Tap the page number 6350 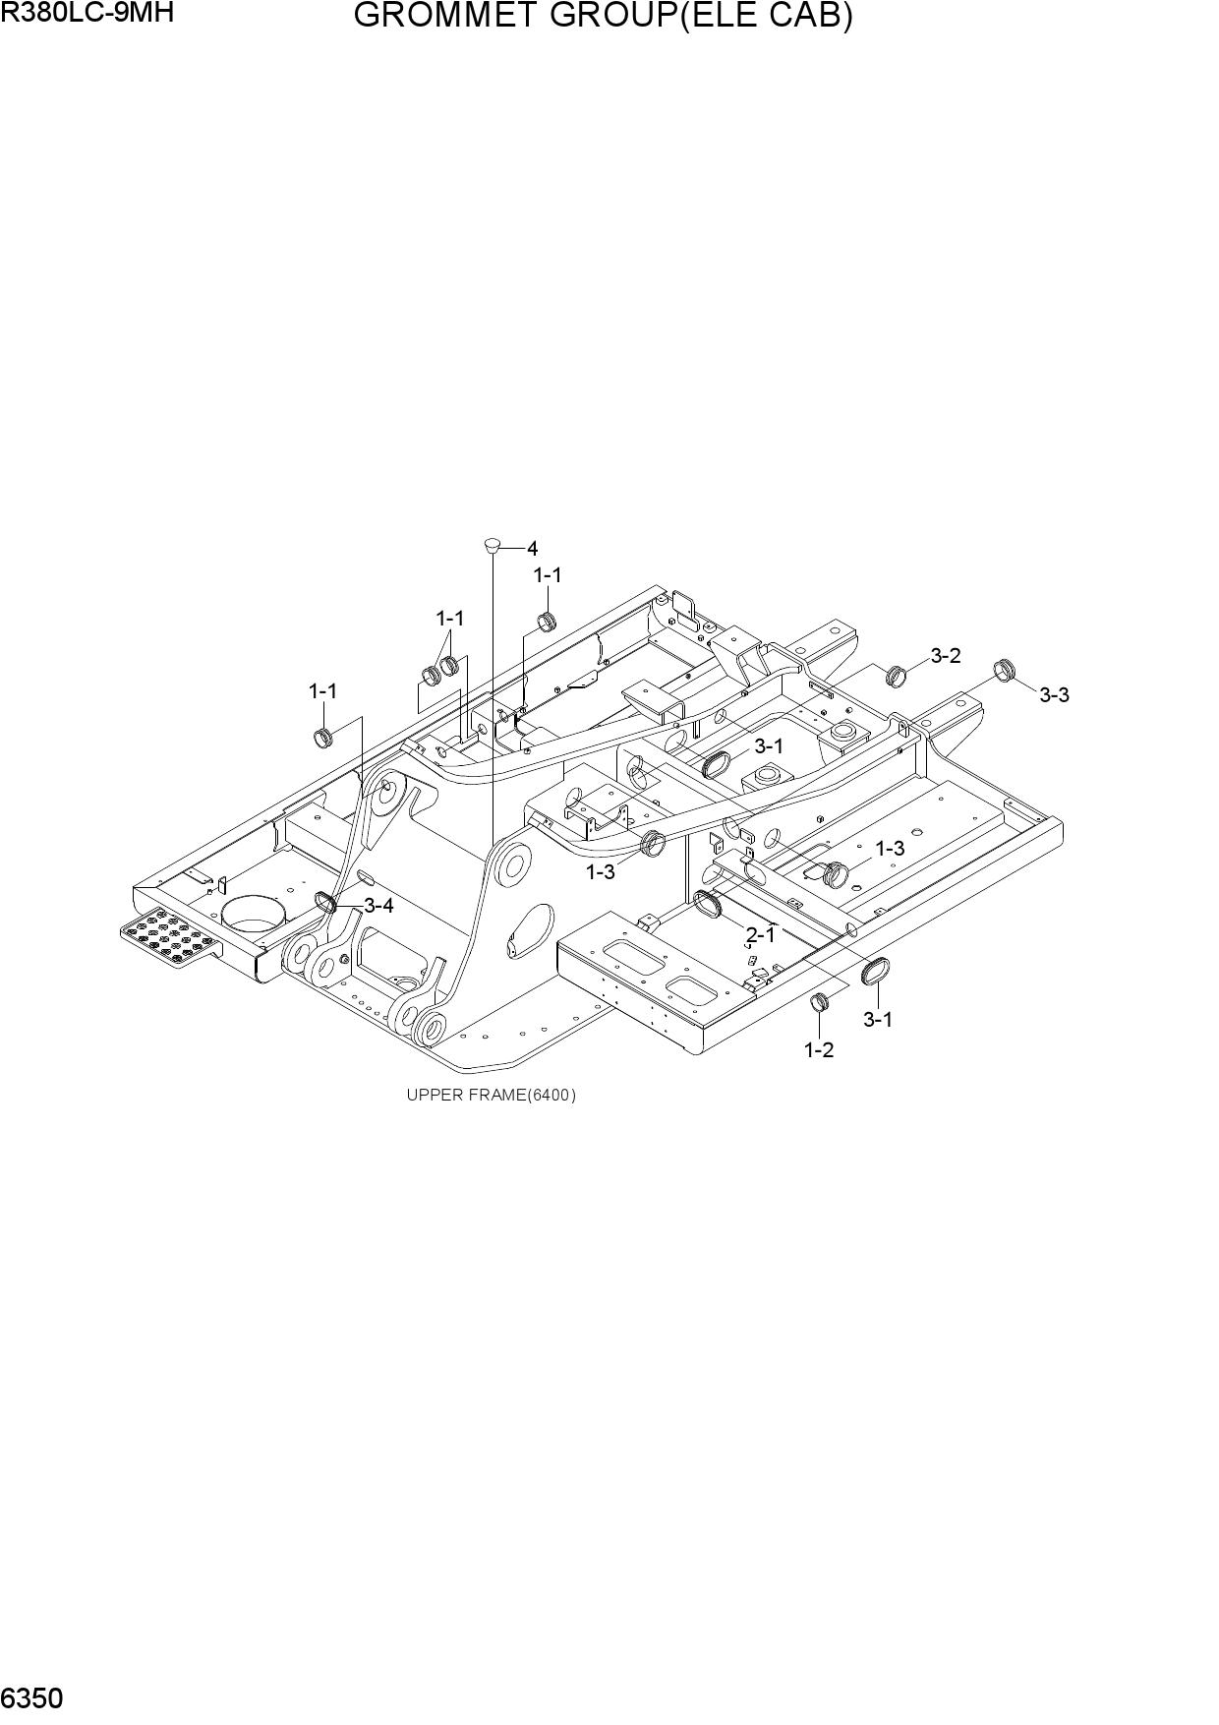(x=32, y=1699)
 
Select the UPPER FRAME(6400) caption (x=492, y=1095)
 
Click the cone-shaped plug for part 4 (x=493, y=544)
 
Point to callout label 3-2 (x=946, y=656)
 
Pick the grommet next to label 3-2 (x=897, y=675)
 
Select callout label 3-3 (x=1054, y=695)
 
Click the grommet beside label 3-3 (x=1003, y=669)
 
